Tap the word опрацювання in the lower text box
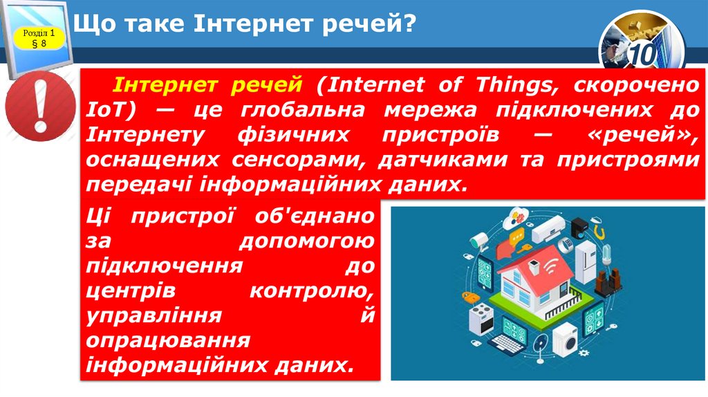pyautogui.click(x=168, y=340)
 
